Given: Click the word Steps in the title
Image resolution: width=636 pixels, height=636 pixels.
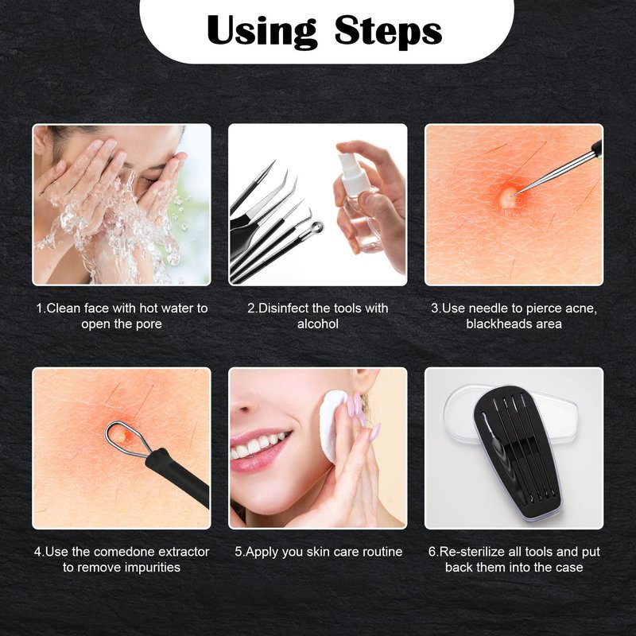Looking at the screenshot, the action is [388, 31].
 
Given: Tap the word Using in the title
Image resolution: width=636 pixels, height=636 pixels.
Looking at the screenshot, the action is [262, 32].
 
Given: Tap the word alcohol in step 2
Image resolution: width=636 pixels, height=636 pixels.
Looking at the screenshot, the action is [317, 324].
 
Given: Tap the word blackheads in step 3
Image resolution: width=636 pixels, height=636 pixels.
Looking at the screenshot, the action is [496, 324].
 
